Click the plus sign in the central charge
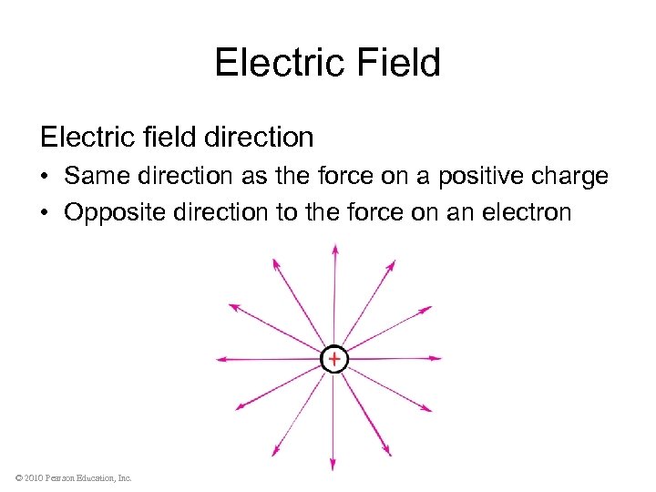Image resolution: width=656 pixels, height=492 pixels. coord(334,360)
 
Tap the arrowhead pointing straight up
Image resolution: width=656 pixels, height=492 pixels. coord(335,248)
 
